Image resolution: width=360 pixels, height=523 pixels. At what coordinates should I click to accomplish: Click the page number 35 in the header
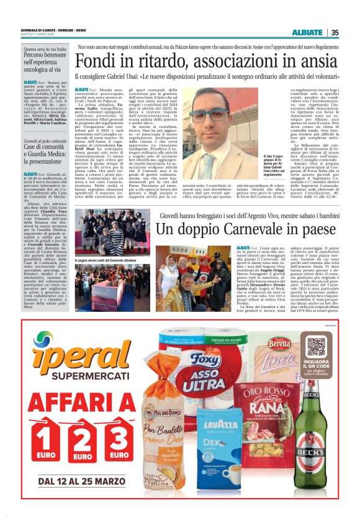click(335, 33)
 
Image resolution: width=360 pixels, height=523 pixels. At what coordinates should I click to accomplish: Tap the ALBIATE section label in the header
click(307, 33)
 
